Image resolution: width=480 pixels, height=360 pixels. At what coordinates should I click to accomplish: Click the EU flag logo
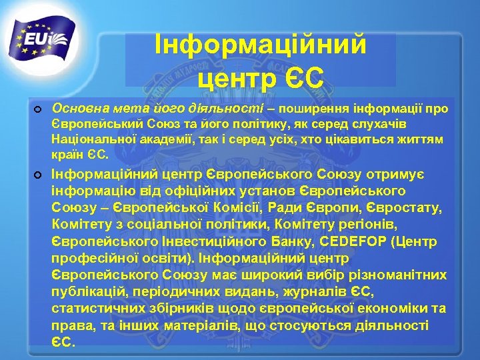click(x=44, y=41)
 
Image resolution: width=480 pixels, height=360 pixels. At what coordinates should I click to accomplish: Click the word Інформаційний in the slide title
click(x=261, y=46)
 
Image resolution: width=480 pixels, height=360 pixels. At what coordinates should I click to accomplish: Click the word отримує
click(x=411, y=174)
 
